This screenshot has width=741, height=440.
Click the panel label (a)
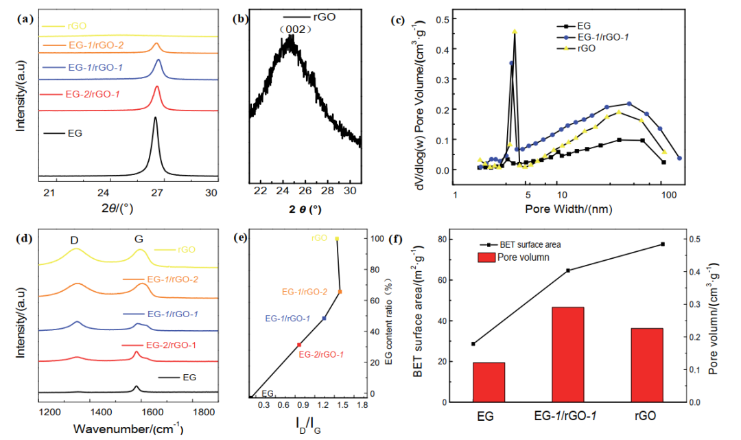click(x=23, y=19)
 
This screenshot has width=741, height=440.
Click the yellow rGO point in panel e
click(x=337, y=239)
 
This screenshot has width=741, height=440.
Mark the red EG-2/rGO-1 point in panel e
click(x=299, y=345)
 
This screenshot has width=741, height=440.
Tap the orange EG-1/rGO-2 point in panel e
click(x=340, y=292)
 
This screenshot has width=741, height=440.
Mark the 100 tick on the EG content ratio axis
click(x=376, y=238)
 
